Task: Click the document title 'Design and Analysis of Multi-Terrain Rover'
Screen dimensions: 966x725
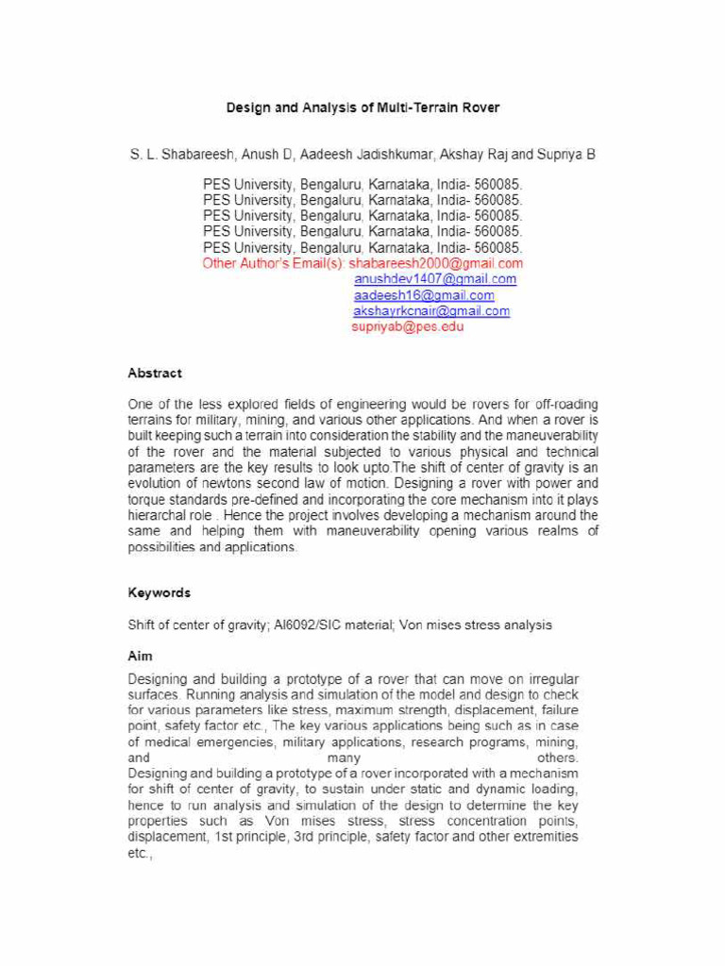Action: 362,108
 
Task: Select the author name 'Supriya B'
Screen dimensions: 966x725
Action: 566,153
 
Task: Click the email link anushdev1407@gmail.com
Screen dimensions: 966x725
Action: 435,279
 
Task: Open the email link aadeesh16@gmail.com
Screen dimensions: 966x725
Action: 424,295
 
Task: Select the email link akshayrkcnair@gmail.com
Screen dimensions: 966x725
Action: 431,310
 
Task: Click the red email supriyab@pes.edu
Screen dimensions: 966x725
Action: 408,326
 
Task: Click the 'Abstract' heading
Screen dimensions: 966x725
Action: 155,373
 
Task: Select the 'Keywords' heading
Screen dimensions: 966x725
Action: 159,592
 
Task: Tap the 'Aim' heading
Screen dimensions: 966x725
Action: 141,655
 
